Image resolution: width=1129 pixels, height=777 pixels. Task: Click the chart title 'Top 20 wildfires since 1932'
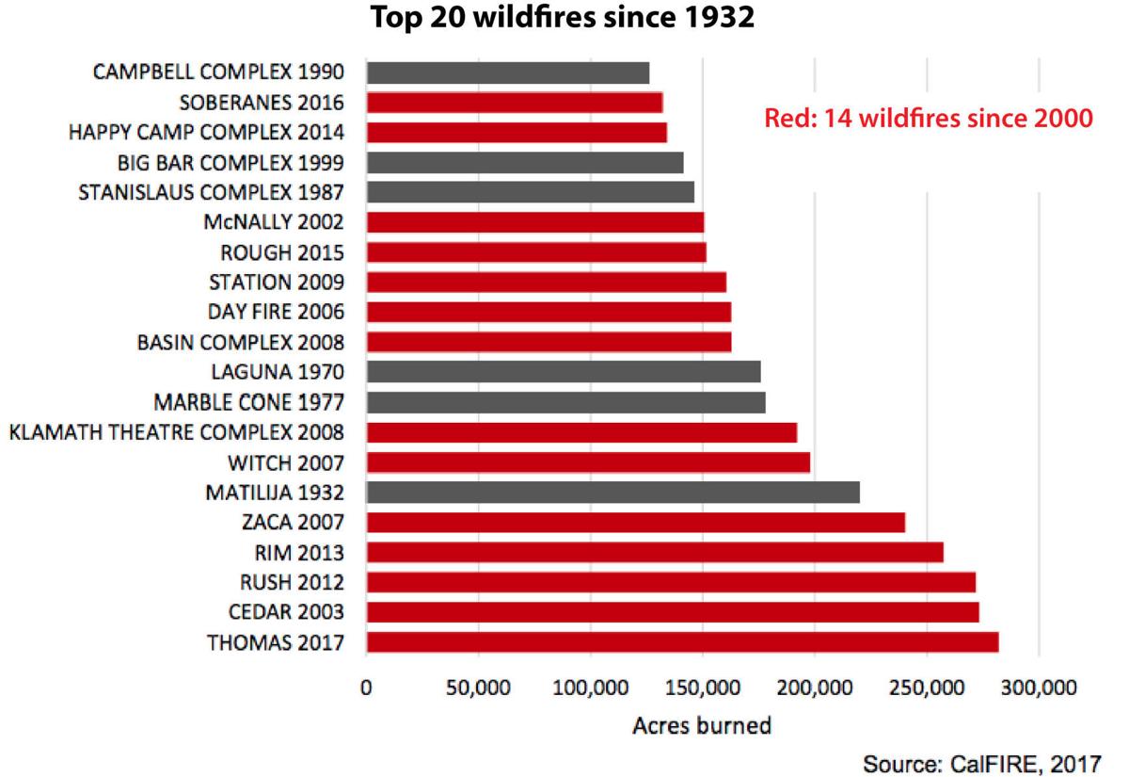point(563,18)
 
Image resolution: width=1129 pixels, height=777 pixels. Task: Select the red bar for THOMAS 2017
point(682,642)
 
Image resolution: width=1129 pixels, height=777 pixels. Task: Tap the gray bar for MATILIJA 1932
point(612,492)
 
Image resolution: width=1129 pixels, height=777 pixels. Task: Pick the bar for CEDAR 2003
point(673,612)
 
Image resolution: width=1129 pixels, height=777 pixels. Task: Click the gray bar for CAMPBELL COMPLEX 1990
point(508,73)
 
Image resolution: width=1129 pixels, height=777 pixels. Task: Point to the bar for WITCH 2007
point(588,462)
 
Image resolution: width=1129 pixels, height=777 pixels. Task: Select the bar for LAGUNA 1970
point(564,372)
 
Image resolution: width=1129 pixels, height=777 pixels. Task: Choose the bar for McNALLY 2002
point(535,222)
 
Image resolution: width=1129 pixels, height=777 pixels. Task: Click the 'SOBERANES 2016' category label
point(268,103)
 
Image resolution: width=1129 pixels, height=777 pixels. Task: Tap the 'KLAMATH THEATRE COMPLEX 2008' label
point(176,432)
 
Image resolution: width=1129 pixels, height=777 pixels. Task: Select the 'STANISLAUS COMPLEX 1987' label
point(211,192)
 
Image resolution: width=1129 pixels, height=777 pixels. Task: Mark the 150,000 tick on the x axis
point(702,688)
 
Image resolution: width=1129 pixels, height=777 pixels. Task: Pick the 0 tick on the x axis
point(366,688)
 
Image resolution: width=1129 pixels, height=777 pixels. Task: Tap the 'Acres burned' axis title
point(702,726)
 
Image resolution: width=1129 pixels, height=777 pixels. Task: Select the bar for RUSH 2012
point(671,582)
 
